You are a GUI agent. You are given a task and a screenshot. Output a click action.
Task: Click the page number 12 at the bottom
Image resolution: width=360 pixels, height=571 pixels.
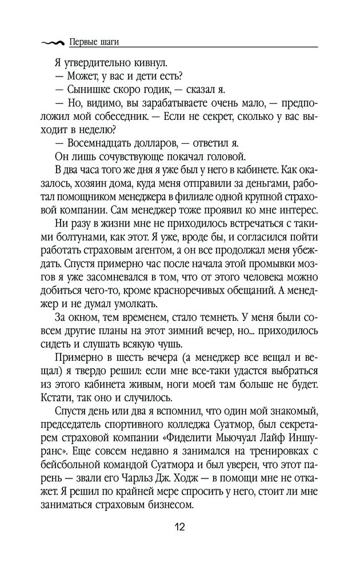(x=180, y=525)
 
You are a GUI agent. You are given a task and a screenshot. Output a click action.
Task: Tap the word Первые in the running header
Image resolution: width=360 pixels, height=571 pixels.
(x=81, y=42)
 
